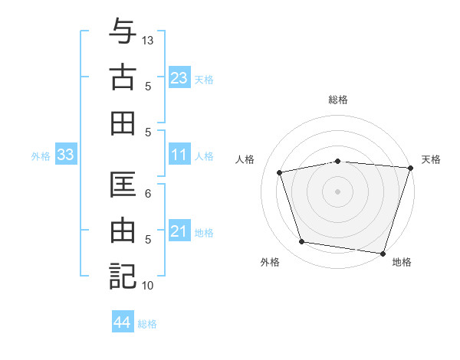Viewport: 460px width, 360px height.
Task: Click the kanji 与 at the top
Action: pyautogui.click(x=123, y=32)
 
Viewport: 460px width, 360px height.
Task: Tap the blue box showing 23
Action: pyautogui.click(x=179, y=77)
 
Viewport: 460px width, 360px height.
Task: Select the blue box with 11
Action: pyautogui.click(x=179, y=155)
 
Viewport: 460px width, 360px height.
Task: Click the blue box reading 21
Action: pyautogui.click(x=179, y=231)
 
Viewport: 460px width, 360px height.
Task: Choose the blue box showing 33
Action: pyautogui.click(x=65, y=155)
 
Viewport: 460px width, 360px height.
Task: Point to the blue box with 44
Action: pyautogui.click(x=123, y=322)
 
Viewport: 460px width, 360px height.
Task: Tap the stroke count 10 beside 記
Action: pyautogui.click(x=149, y=286)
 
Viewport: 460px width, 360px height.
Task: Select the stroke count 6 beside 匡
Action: pyautogui.click(x=149, y=195)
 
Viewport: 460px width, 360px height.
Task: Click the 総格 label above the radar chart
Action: pyautogui.click(x=338, y=100)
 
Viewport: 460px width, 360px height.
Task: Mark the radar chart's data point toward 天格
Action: pyautogui.click(x=410, y=168)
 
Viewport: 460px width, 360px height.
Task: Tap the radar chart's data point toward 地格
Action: pyautogui.click(x=383, y=253)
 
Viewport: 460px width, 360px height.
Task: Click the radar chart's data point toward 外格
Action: pyautogui.click(x=302, y=242)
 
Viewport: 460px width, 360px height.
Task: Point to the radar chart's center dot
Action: pyautogui.click(x=338, y=191)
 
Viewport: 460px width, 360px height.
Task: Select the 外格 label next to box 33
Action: pyautogui.click(x=41, y=156)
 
